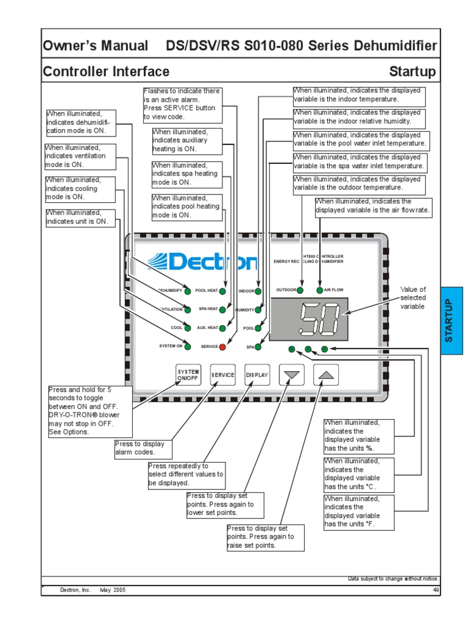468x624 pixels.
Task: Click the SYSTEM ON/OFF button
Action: click(188, 375)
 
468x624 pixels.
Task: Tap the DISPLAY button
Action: click(257, 375)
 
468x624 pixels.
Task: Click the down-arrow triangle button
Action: click(292, 375)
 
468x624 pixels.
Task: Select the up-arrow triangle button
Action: click(327, 375)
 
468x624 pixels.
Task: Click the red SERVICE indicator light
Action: click(222, 347)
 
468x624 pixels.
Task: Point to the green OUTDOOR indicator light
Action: click(300, 290)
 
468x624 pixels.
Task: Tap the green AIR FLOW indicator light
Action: click(319, 290)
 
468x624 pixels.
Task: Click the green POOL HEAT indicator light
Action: click(222, 291)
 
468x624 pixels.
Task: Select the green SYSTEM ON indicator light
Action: click(188, 347)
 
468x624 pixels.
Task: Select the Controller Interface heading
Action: click(106, 72)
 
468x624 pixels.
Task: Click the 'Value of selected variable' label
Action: click(413, 298)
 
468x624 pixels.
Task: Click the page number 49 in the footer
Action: click(435, 590)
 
